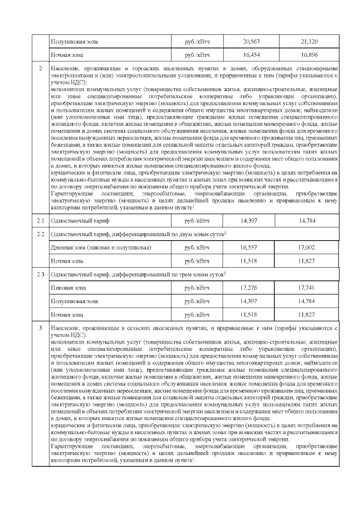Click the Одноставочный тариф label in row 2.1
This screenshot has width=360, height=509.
(x=76, y=220)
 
